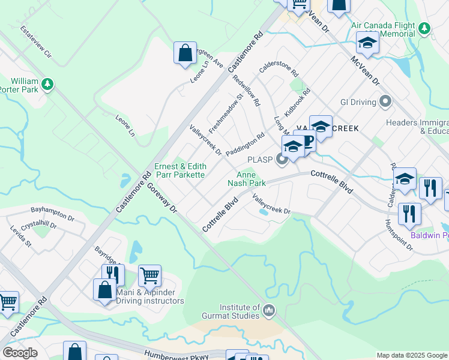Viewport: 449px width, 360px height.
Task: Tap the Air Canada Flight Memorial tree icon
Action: [x=425, y=28]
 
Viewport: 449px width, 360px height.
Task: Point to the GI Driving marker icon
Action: [x=385, y=102]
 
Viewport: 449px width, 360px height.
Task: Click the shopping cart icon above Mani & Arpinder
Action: [x=149, y=276]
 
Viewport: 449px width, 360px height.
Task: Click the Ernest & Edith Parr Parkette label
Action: [x=180, y=170]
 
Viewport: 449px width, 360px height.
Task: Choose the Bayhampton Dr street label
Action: [x=55, y=211]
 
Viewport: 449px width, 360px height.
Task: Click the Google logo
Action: [x=20, y=352]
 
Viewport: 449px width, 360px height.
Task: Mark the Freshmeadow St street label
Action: [x=225, y=113]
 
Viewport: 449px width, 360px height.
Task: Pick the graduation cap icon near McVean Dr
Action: [x=367, y=43]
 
